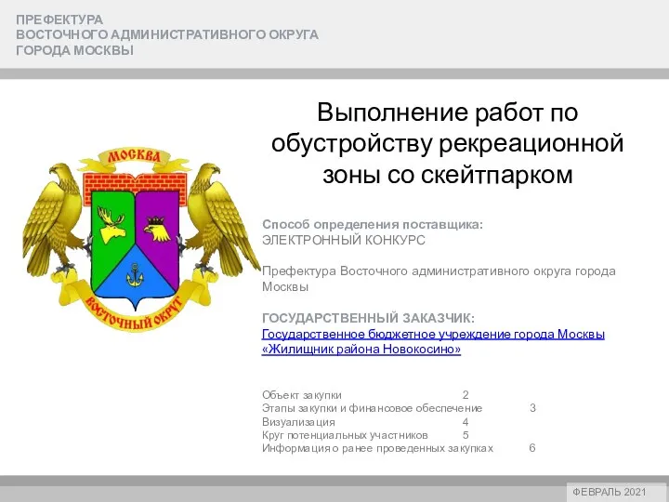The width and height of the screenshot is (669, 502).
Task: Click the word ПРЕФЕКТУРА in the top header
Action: pyautogui.click(x=59, y=20)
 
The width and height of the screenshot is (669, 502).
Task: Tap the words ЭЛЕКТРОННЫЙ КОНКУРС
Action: pyautogui.click(x=344, y=241)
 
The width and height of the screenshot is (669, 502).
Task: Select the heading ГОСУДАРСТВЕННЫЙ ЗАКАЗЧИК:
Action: pyautogui.click(x=368, y=319)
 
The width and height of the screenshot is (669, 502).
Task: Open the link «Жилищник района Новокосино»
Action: pyautogui.click(x=361, y=350)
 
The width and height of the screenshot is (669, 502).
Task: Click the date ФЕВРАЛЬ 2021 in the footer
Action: pyautogui.click(x=610, y=492)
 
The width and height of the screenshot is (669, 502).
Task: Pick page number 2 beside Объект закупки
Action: pyautogui.click(x=466, y=395)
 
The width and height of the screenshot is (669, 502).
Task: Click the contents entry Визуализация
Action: pyautogui.click(x=298, y=422)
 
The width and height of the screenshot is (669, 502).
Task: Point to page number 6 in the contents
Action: pyautogui.click(x=532, y=448)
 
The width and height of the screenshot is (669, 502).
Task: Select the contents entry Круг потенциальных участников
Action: pyautogui.click(x=345, y=435)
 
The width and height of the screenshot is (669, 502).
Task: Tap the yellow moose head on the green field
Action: pyautogui.click(x=111, y=225)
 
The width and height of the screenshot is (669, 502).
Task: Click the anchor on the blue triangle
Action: pyautogui.click(x=135, y=275)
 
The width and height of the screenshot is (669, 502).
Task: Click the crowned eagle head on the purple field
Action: pyautogui.click(x=156, y=230)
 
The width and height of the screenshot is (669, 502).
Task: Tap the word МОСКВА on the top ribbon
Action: pyautogui.click(x=134, y=157)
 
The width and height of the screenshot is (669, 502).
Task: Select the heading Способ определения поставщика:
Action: pyautogui.click(x=373, y=225)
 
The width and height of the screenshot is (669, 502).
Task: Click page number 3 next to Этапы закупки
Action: pyautogui.click(x=532, y=408)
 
